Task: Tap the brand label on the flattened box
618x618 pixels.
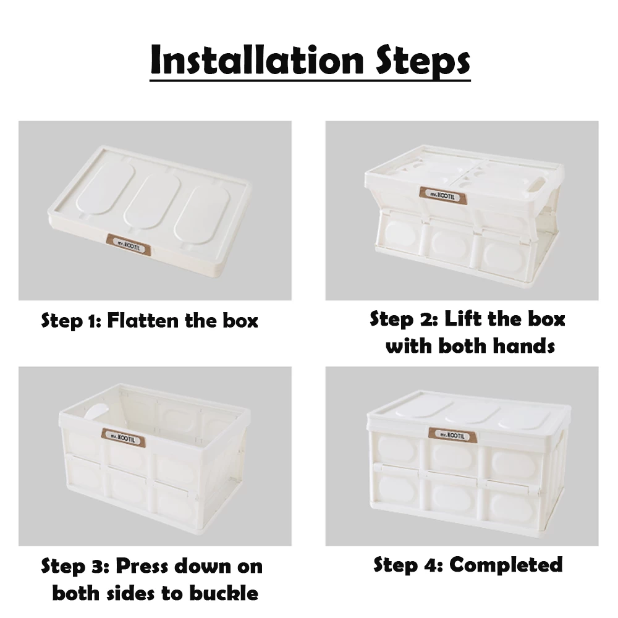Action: pyautogui.click(x=129, y=243)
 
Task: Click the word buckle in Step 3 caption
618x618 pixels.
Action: pyautogui.click(x=224, y=593)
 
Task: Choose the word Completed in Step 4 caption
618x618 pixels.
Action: pyautogui.click(x=506, y=565)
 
